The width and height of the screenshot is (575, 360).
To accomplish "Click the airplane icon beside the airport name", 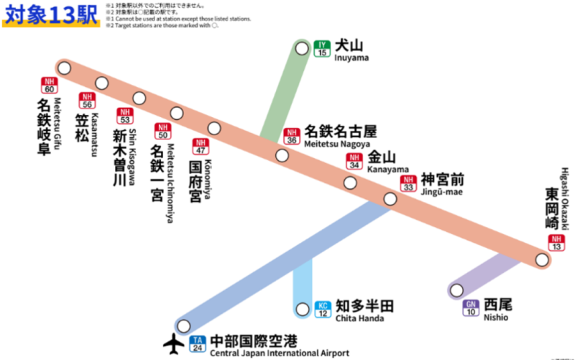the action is click(175, 344).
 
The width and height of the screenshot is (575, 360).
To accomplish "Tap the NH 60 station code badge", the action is click(49, 85).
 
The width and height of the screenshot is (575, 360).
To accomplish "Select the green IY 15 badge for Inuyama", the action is click(322, 49).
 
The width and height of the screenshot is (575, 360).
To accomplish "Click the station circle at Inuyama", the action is click(302, 48).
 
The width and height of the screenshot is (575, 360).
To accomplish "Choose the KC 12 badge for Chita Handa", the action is click(323, 309).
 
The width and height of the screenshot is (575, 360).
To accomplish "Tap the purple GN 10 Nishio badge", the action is click(471, 308).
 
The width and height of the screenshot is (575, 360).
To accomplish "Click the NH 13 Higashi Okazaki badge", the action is click(556, 243).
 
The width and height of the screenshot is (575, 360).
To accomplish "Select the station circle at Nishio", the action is click(455, 291).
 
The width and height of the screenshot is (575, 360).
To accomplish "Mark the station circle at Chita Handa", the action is click(303, 310).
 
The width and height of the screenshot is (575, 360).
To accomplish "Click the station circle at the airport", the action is click(183, 326).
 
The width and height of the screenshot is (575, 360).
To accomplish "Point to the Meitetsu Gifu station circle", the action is click(65, 68).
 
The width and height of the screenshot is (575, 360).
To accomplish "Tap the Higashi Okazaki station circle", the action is click(543, 260).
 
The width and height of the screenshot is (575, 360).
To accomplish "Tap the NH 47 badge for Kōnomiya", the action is click(199, 147).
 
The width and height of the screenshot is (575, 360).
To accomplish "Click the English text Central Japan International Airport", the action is click(280, 353).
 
